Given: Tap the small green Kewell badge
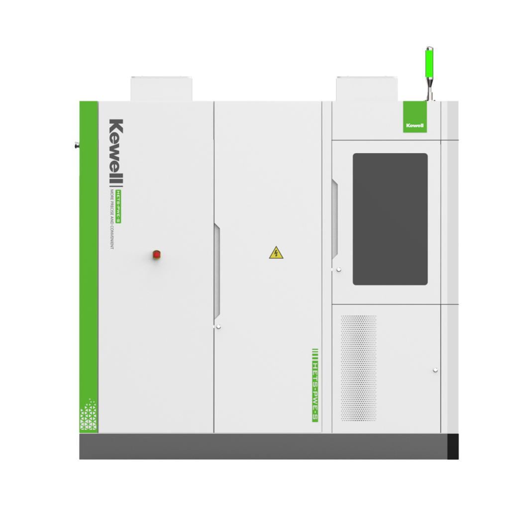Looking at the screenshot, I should [415, 117].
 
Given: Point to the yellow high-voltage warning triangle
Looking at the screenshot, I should [276, 253].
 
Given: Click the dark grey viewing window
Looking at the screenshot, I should [390, 219].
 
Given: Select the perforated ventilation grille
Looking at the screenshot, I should [358, 367].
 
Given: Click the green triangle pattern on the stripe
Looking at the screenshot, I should [88, 414].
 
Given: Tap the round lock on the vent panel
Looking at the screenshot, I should [435, 370].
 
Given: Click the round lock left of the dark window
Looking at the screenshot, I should [339, 270].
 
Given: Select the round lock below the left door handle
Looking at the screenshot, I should [218, 327].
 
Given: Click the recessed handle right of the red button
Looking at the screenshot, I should [216, 271].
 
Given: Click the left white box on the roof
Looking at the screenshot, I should [161, 88].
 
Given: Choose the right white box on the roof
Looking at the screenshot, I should [367, 88].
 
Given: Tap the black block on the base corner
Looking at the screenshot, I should [453, 447].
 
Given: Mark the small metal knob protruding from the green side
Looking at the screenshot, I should [77, 145].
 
